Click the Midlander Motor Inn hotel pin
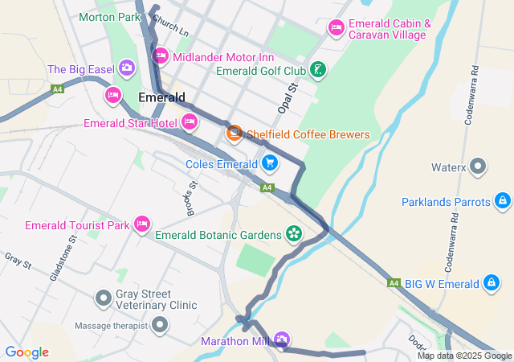pyautogui.click(x=160, y=56)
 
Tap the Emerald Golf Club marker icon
pyautogui.click(x=320, y=70)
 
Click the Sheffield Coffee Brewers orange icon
pyautogui.click(x=235, y=134)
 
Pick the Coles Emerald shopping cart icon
pyautogui.click(x=269, y=163)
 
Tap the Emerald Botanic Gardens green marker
pyautogui.click(x=294, y=234)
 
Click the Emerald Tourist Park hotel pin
pyautogui.click(x=142, y=224)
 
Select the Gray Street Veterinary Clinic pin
pyautogui.click(x=104, y=298)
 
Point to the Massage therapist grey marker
pyautogui.click(x=160, y=325)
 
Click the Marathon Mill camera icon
pyautogui.click(x=281, y=339)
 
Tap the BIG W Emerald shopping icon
pyautogui.click(x=492, y=282)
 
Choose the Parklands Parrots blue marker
pyautogui.click(x=502, y=200)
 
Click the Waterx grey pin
pyautogui.click(x=479, y=167)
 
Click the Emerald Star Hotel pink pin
pyautogui.click(x=190, y=122)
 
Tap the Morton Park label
pyautogui.click(x=109, y=16)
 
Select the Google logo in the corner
pyautogui.click(x=27, y=352)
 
